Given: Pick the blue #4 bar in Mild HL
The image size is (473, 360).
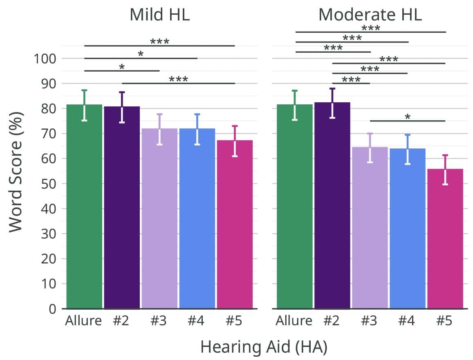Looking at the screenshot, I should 197,221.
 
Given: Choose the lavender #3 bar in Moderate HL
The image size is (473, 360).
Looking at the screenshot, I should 370,229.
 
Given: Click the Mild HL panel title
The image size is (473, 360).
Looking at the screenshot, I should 159,15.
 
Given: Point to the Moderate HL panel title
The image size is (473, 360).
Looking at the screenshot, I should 370,15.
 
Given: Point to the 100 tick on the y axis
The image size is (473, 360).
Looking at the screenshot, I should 44,59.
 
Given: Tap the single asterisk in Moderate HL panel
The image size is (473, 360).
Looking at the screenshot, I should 407,117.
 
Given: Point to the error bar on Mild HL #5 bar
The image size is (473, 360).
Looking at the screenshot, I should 235,141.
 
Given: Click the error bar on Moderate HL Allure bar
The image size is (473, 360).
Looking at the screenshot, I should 295,105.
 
